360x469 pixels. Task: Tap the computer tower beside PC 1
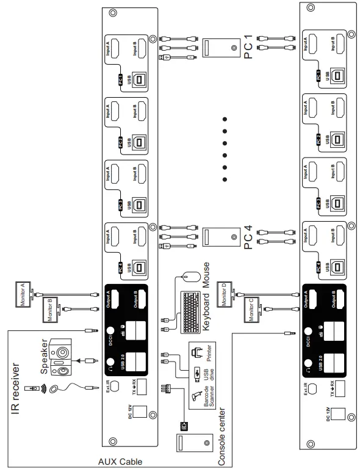(x=221, y=48)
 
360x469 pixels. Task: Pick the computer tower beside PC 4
(x=221, y=237)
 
